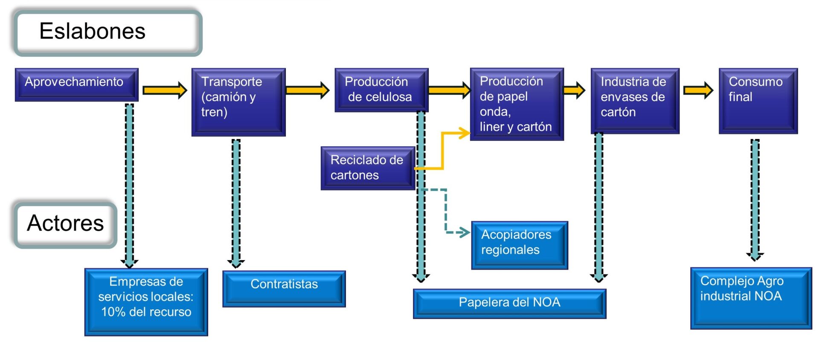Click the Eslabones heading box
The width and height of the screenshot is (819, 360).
(107, 33)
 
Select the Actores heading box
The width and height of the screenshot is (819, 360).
(65, 224)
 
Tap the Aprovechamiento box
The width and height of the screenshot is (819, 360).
(77, 84)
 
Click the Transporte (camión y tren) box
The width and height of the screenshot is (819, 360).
(238, 102)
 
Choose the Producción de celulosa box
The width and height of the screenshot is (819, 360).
(381, 90)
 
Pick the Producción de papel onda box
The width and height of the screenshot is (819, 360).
(517, 104)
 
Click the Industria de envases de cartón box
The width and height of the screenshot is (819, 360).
(635, 101)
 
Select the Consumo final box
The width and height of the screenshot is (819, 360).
(758, 101)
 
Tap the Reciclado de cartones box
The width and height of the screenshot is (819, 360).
(368, 168)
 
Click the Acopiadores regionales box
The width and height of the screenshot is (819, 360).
(520, 245)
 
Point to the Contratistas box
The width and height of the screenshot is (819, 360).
(284, 288)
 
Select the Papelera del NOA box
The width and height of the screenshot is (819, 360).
(510, 304)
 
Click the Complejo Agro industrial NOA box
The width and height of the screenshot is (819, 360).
(751, 298)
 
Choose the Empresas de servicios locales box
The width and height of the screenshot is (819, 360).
(146, 302)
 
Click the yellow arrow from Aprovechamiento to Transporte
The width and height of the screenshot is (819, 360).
(165, 90)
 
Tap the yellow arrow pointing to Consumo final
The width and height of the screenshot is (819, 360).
(698, 90)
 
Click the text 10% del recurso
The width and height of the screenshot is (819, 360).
(146, 312)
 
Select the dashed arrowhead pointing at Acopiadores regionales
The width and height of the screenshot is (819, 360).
(464, 232)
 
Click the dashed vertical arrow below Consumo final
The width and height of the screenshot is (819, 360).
(755, 200)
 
